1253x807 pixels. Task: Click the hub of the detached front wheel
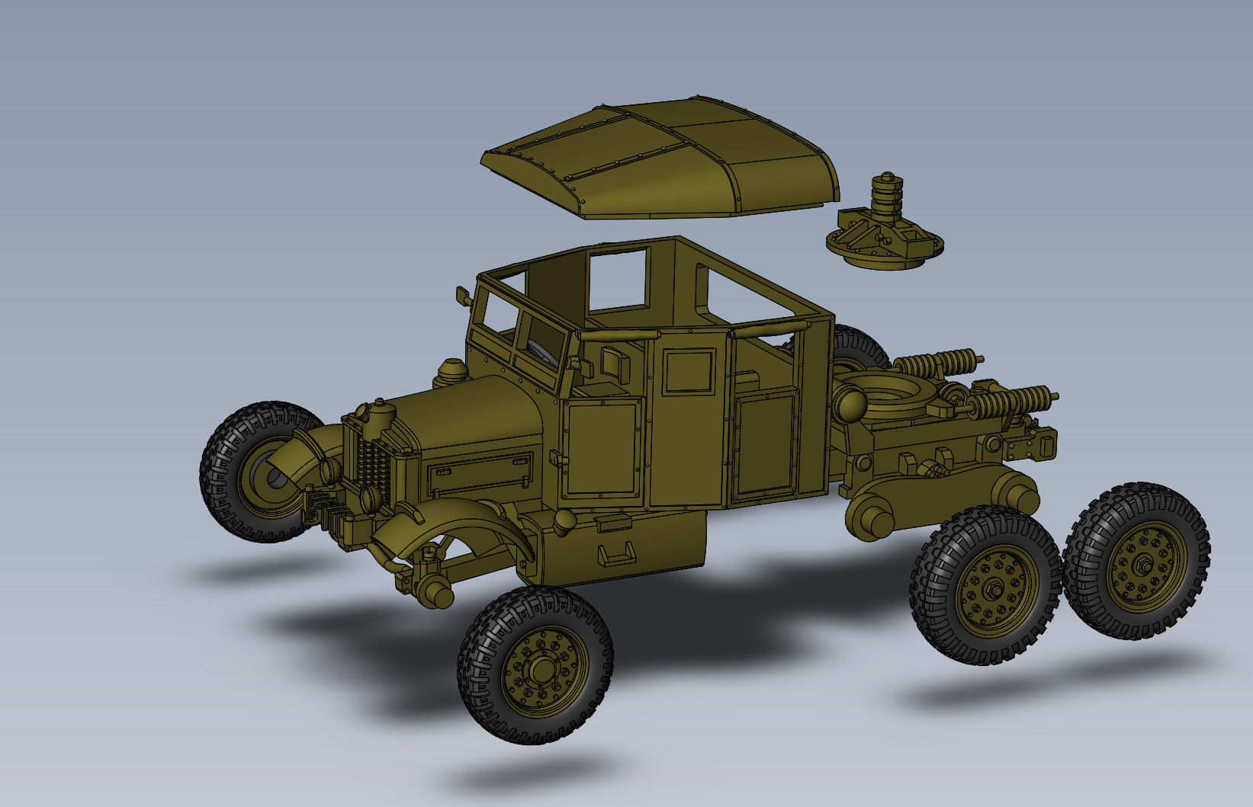(x=542, y=670)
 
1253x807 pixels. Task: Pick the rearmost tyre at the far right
(x=1136, y=560)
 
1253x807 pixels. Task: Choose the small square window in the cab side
(x=689, y=371)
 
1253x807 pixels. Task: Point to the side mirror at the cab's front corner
(x=461, y=296)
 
